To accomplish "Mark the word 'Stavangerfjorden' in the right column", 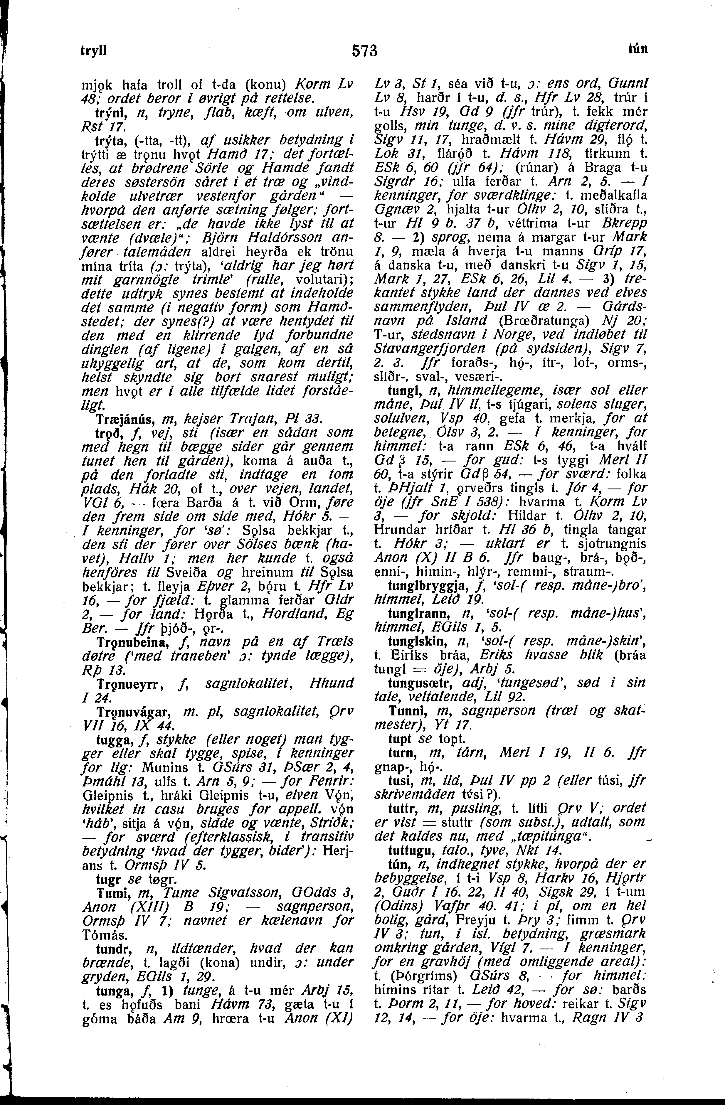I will click(x=428, y=348).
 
